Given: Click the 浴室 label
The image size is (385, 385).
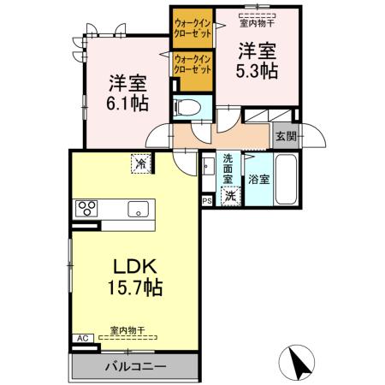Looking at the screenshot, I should click(259, 180).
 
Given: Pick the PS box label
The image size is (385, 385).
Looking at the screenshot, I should click(206, 201).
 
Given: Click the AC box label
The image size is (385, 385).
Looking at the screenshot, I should click(83, 339).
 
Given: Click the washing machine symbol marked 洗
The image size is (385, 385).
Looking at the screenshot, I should click(229, 196).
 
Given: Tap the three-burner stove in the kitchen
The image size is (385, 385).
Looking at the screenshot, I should click(87, 208).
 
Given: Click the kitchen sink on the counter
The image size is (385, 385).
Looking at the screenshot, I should click(138, 209).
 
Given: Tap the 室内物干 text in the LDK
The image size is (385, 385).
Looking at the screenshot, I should click(128, 329).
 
